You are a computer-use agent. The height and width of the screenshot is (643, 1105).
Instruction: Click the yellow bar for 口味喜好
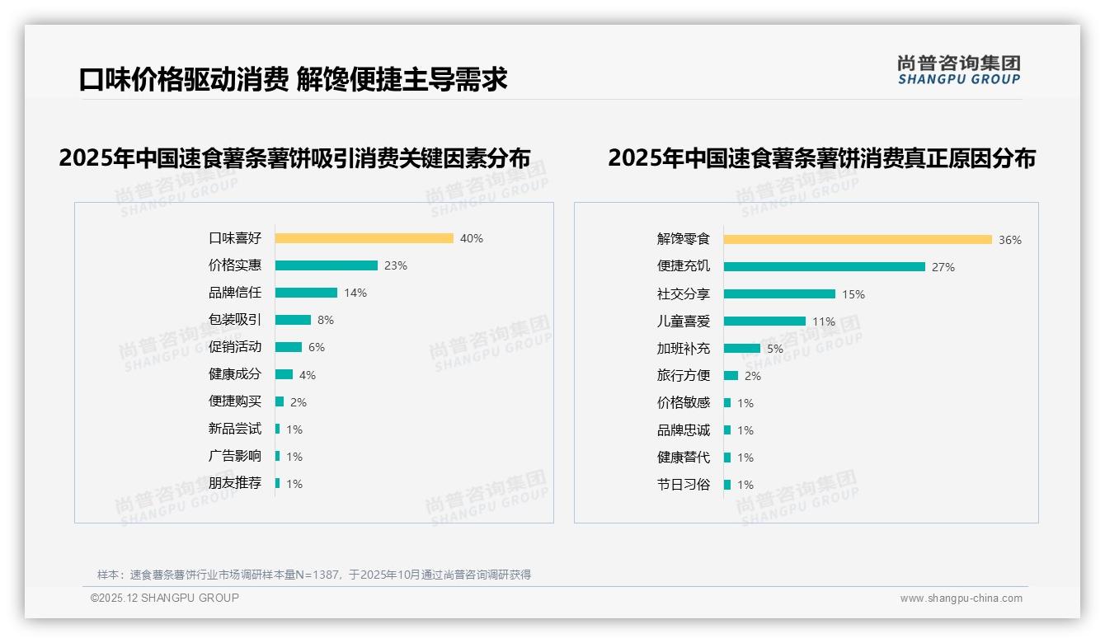point(364,238)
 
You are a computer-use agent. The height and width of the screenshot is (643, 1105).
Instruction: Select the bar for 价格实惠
point(326,265)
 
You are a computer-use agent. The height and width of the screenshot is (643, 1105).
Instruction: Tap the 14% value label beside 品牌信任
point(355,293)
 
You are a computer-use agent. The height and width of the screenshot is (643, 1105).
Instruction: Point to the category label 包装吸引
point(234,320)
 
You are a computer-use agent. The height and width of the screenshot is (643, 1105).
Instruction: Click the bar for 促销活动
point(288,347)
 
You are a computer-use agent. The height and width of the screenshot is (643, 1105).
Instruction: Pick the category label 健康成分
point(234,374)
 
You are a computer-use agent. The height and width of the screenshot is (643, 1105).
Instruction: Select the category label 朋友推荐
point(234,483)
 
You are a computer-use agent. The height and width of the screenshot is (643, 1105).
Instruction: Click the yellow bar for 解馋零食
point(858,240)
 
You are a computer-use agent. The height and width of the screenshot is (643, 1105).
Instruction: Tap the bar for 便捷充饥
point(824,267)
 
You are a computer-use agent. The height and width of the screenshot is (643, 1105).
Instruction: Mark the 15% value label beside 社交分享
point(853,294)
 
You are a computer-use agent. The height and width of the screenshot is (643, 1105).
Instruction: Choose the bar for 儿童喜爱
point(764,321)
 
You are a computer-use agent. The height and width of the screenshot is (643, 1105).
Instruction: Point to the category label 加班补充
point(683,349)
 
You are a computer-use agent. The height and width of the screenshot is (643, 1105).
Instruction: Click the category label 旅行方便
point(683,376)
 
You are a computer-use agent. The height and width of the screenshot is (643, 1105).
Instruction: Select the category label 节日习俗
point(683,485)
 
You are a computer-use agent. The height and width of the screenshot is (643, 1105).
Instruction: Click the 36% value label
point(1010,240)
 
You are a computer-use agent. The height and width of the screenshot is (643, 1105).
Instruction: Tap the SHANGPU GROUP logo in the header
point(959,70)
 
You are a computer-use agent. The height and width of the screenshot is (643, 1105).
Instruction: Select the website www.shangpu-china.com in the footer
point(961,598)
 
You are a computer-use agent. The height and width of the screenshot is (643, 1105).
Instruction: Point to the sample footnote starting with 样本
point(314,575)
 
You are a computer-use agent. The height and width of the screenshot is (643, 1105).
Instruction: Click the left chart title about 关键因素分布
point(294,157)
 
